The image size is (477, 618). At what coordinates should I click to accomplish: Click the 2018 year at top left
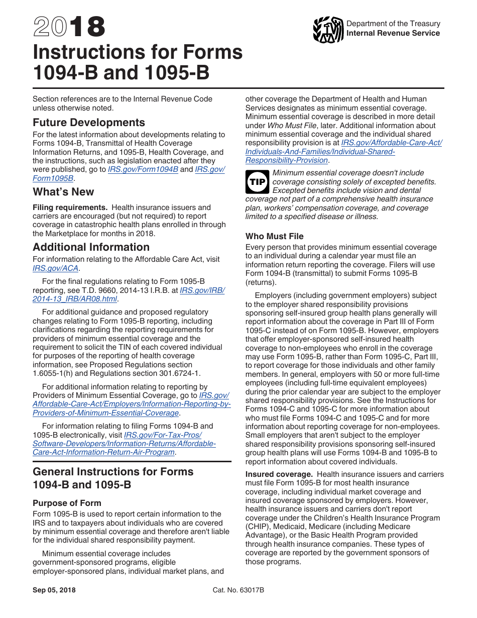(x=69, y=27)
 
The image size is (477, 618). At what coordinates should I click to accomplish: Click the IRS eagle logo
(x=328, y=30)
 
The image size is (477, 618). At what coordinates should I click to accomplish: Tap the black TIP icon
(x=257, y=182)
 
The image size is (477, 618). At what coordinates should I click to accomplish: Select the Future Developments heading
(x=89, y=123)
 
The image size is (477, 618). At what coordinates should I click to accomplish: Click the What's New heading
(x=63, y=192)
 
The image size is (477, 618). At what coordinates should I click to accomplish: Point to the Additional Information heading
(x=91, y=247)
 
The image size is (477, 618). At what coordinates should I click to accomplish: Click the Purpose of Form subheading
(x=67, y=503)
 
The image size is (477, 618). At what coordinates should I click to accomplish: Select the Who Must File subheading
(x=274, y=236)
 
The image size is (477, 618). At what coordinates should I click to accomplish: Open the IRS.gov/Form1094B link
(x=143, y=170)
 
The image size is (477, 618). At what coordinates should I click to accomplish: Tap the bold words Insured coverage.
(x=279, y=474)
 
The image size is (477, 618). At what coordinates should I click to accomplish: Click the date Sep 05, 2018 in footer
(x=54, y=590)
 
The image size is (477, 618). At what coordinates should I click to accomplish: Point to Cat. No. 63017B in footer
(x=238, y=590)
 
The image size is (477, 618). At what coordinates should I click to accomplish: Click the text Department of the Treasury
(x=393, y=24)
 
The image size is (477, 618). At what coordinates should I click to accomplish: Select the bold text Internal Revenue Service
(x=393, y=33)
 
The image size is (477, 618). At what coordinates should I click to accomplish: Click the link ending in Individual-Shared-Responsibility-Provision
(x=287, y=160)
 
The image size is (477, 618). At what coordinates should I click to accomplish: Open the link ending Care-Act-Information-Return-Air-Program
(x=104, y=452)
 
